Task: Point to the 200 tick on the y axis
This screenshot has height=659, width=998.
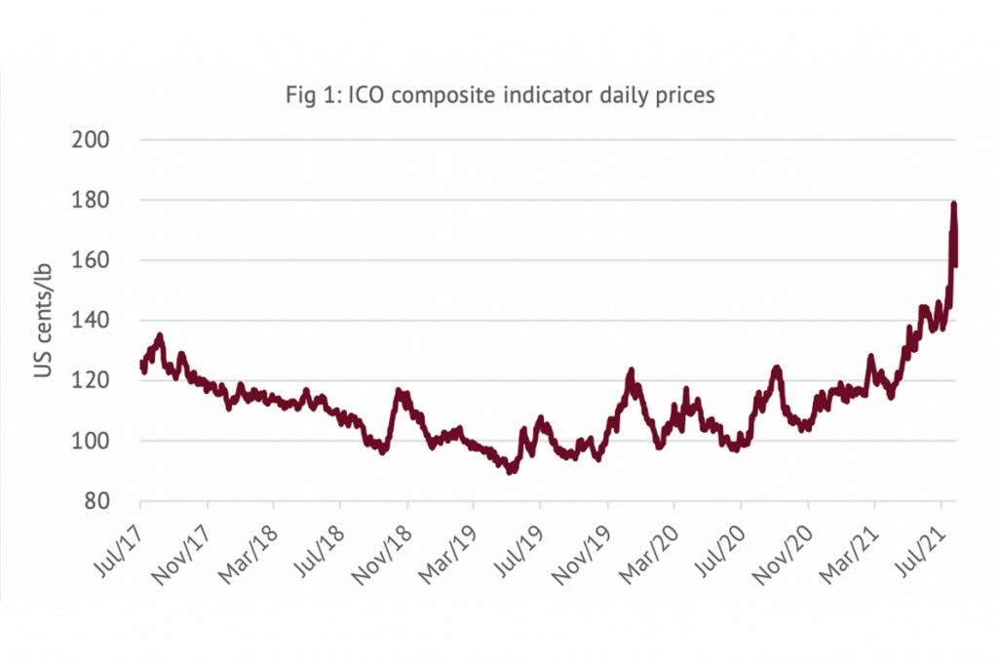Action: (x=91, y=139)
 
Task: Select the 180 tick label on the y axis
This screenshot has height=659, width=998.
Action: (x=91, y=200)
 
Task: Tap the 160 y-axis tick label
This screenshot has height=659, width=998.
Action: (x=91, y=260)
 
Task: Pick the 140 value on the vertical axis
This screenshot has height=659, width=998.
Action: (x=91, y=321)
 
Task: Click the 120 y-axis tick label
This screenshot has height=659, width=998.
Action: (x=91, y=381)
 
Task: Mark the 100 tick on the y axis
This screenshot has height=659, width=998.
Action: (x=91, y=442)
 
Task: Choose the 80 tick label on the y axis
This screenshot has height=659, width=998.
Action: (x=96, y=502)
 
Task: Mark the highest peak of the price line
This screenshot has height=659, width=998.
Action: (x=954, y=204)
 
